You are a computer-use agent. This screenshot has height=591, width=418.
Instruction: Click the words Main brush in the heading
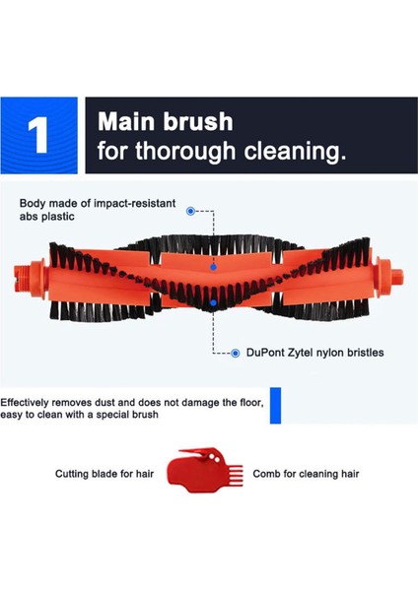[165, 122]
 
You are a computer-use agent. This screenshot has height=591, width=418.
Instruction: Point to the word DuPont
[267, 353]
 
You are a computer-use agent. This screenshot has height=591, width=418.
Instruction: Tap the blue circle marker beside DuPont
[236, 353]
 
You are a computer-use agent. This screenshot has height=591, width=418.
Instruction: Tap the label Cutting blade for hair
[104, 474]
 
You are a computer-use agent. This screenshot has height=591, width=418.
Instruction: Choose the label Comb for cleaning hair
[307, 474]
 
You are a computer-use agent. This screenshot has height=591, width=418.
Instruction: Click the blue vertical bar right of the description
[276, 406]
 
